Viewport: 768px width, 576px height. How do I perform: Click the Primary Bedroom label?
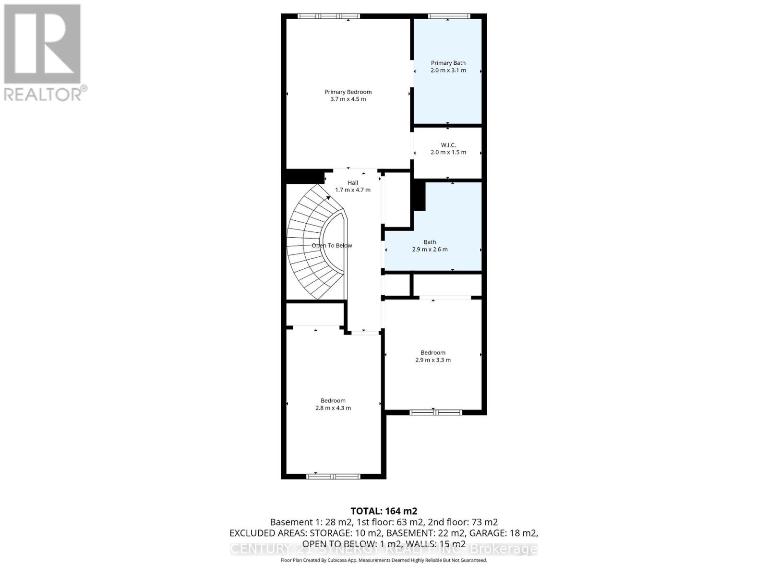(x=348, y=92)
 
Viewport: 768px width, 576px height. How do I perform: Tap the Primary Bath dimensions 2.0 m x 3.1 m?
(x=448, y=70)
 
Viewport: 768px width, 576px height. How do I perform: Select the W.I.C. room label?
(x=448, y=145)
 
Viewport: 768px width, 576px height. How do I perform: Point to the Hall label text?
(x=353, y=182)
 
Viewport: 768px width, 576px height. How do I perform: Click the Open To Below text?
(x=332, y=245)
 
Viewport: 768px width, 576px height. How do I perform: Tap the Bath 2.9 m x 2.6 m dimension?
(x=430, y=249)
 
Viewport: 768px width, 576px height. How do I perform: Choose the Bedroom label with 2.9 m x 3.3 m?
(x=433, y=352)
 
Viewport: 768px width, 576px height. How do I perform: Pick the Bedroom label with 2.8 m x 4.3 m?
(x=333, y=400)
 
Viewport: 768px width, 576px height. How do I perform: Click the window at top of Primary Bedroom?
(x=328, y=16)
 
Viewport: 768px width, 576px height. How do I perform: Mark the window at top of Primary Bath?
(x=448, y=16)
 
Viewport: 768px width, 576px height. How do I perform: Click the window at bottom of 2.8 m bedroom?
(x=333, y=476)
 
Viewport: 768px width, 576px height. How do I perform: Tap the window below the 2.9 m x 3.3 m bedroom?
(x=435, y=412)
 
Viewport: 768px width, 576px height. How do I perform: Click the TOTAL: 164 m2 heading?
(x=384, y=511)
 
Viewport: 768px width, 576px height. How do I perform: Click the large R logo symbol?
(x=42, y=44)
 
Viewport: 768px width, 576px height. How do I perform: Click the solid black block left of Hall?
(x=304, y=176)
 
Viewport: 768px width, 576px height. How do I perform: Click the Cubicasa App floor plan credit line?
(x=384, y=560)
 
